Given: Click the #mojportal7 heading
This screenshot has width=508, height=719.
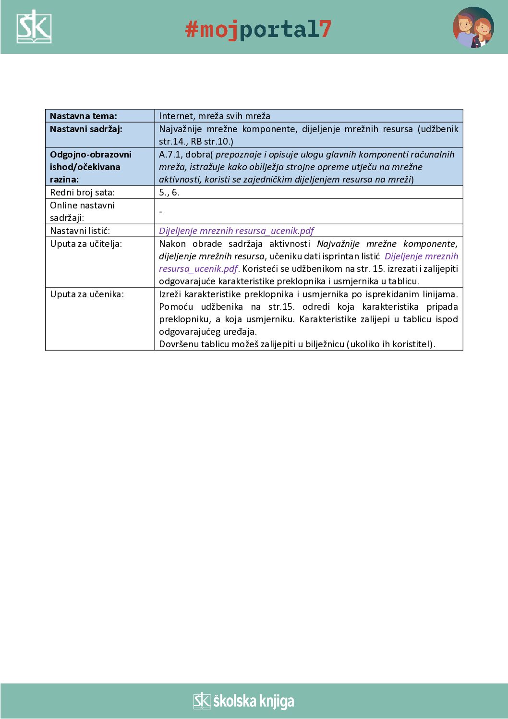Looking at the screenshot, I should [x=258, y=29].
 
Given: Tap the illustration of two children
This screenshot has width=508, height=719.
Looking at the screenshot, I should [x=473, y=27].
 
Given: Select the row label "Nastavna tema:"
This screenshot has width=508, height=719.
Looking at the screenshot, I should [x=84, y=116].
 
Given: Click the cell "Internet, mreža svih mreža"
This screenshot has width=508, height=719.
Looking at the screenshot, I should [x=215, y=116].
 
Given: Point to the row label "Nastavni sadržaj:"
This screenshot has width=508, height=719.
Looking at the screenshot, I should [x=86, y=129].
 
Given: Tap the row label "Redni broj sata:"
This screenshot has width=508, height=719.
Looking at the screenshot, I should [x=83, y=193].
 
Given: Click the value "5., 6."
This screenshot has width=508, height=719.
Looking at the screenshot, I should [x=169, y=193].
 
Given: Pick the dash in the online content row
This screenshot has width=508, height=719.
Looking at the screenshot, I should [x=161, y=212].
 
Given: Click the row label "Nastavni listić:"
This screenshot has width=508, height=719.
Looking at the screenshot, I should [x=80, y=231].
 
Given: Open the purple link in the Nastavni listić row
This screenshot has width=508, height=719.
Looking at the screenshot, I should [x=236, y=231].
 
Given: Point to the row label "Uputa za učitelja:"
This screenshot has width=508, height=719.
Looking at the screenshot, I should [x=86, y=244].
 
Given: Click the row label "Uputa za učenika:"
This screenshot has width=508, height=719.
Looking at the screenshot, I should [x=87, y=294].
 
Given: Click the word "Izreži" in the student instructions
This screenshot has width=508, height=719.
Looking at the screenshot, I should [x=169, y=294].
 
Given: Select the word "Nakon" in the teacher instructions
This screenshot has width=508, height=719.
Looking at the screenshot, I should [x=172, y=244].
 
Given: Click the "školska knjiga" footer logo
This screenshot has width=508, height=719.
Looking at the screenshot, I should [x=244, y=701].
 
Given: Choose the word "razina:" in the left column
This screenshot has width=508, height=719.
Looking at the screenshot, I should [x=64, y=180].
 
